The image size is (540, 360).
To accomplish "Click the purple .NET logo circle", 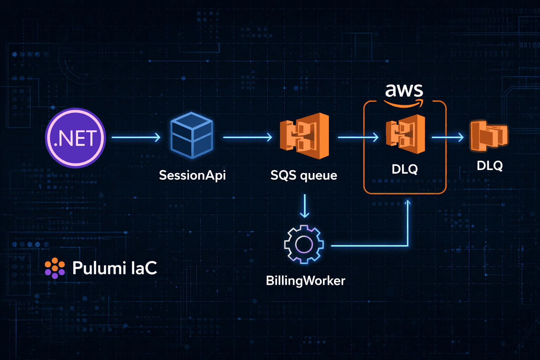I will (x=75, y=138).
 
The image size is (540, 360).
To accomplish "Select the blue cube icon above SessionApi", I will (x=192, y=135).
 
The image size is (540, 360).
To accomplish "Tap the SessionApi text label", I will (x=192, y=175).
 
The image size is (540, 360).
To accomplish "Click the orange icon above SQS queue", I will (x=304, y=136).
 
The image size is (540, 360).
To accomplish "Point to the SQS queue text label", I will (x=303, y=175).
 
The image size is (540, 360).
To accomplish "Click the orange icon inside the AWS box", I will (x=405, y=134).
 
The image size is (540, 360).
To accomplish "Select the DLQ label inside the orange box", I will (x=405, y=169).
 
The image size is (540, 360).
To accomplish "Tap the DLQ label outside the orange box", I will (x=489, y=166).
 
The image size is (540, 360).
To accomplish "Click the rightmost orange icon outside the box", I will (x=489, y=135).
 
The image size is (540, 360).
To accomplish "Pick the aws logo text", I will (x=404, y=90).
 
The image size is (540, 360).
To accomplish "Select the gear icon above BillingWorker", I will (x=304, y=245).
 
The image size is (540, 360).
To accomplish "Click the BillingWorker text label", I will (x=306, y=281).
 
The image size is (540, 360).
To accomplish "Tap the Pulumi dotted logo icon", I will (x=55, y=268).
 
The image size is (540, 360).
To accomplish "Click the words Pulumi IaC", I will (x=115, y=268).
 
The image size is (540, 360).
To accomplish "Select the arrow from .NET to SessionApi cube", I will (x=136, y=137).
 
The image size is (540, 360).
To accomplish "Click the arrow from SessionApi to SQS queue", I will (x=247, y=137).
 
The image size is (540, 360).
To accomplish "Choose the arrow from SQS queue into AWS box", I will (x=358, y=137).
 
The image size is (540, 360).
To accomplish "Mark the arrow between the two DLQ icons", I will (x=448, y=137).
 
